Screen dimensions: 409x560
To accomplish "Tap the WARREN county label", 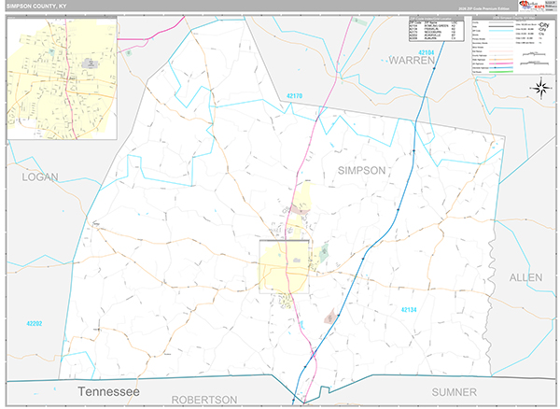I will (x=413, y=61).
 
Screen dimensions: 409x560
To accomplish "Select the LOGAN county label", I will (x=40, y=176).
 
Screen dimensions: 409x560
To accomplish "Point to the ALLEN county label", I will (x=525, y=277).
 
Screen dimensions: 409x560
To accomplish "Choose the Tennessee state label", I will (x=108, y=391).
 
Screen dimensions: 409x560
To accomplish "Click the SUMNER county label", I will (x=454, y=392).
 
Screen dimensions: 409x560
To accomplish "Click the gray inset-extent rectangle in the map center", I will (x=284, y=267).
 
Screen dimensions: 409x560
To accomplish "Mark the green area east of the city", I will (x=324, y=251).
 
